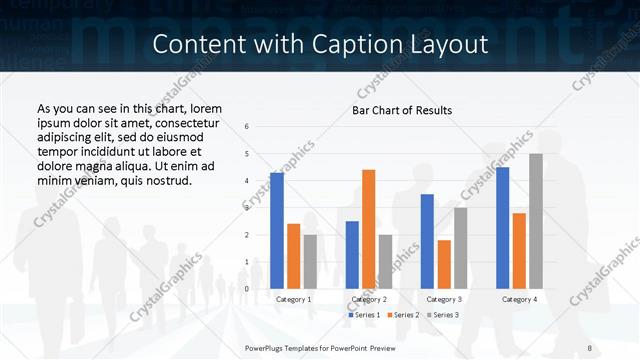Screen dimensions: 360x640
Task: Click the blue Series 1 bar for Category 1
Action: point(277,231)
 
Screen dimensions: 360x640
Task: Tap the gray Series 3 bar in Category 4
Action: point(536,221)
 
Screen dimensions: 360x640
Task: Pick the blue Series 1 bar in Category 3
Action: point(427,241)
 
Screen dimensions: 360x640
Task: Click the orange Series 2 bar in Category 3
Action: point(444,264)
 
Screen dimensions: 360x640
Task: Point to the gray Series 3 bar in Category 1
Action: point(310,261)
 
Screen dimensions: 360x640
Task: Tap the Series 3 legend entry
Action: point(442,315)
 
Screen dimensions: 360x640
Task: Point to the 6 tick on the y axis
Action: point(247,127)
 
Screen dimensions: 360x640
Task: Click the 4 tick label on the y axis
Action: point(247,181)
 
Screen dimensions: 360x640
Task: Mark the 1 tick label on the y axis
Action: point(247,262)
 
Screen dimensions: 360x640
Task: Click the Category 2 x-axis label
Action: point(369,299)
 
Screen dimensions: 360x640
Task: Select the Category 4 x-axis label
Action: point(519,299)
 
